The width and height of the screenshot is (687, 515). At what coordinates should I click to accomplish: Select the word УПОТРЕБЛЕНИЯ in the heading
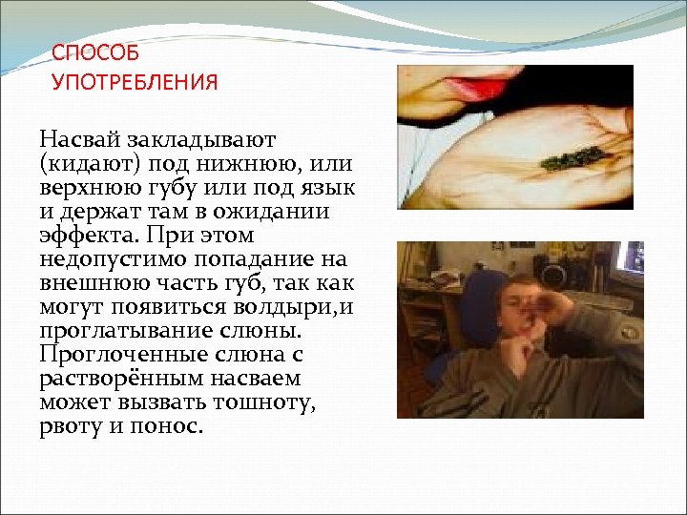pyautogui.click(x=135, y=82)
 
